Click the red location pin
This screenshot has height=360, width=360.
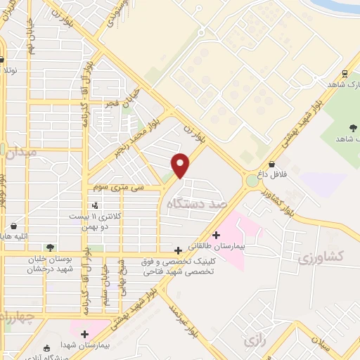[x=181, y=165]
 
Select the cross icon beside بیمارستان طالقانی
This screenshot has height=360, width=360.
[x=216, y=234]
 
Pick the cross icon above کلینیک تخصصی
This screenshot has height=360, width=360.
[x=179, y=250]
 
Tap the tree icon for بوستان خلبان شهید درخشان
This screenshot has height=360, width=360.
[x=50, y=247]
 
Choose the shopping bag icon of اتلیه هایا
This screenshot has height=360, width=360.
[x=14, y=226]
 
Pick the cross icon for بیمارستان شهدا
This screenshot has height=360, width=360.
[x=85, y=334]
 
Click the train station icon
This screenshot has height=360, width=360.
[x=345, y=73]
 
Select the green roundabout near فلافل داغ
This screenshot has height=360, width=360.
[x=251, y=181]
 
